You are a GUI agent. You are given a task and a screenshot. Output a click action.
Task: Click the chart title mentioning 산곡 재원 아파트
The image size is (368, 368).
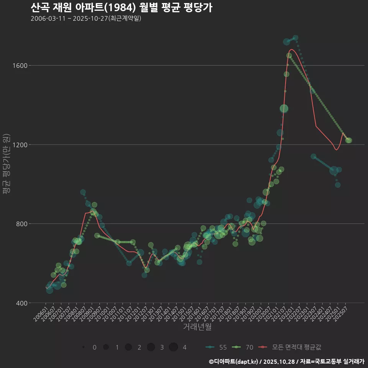click(121, 8)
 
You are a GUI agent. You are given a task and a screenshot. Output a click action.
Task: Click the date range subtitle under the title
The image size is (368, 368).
click(86, 18)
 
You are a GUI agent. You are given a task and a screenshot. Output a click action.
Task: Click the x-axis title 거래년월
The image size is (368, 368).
click(197, 327)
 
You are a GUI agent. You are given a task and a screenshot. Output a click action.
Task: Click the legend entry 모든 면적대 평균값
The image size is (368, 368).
click(290, 347)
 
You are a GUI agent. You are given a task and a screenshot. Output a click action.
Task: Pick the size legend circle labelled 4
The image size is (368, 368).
click(173, 347)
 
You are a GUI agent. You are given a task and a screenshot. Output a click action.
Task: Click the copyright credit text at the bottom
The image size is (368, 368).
click(286, 361)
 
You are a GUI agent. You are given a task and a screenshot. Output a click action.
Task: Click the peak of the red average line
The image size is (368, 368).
click(291, 49)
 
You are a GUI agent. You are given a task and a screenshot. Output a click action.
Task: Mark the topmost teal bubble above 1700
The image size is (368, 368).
click(296, 38)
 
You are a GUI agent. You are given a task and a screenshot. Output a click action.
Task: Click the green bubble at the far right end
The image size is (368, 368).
click(349, 141)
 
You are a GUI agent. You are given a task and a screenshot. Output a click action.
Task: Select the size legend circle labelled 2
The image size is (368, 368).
click(128, 347)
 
